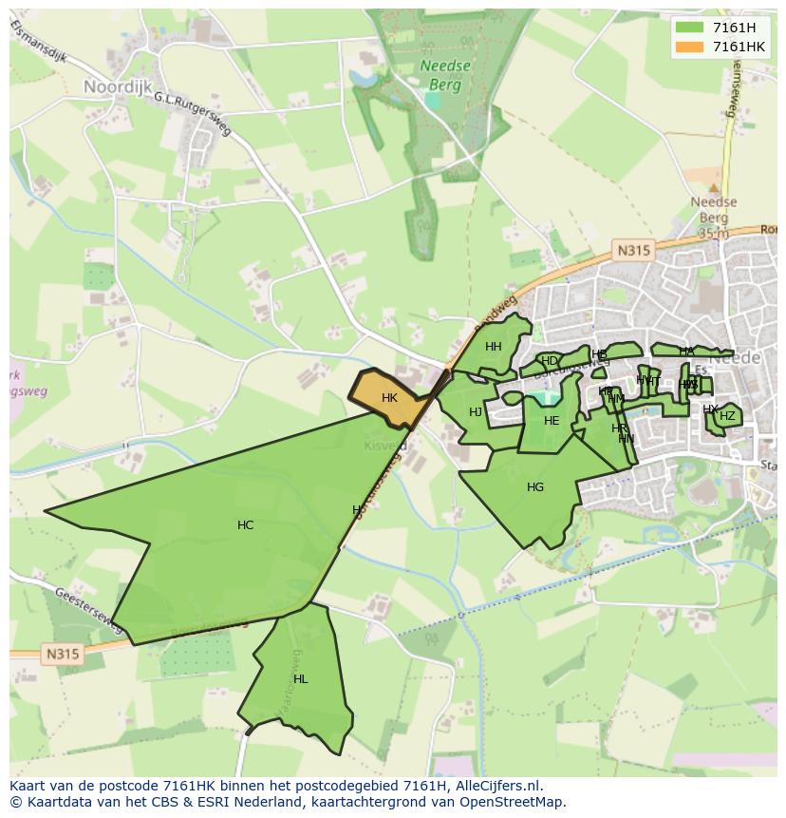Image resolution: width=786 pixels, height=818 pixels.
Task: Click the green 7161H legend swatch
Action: pyautogui.click(x=689, y=28)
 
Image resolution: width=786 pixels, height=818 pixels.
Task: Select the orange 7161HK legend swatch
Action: pyautogui.click(x=689, y=47)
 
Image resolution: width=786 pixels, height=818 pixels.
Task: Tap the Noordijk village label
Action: pyautogui.click(x=117, y=86)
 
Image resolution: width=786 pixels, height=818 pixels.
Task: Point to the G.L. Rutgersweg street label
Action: pyautogui.click(x=193, y=115)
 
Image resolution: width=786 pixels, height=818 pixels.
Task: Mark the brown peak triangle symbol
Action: pyautogui.click(x=714, y=188)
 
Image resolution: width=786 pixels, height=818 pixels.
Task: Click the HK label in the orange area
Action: pyautogui.click(x=389, y=398)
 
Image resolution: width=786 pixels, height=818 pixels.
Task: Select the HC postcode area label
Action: pyautogui.click(x=246, y=525)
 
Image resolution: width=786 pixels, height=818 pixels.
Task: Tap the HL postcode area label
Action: pyautogui.click(x=301, y=679)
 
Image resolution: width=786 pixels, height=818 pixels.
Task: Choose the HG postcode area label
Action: pyautogui.click(x=535, y=487)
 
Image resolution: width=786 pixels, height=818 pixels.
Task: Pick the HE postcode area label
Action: pyautogui.click(x=552, y=421)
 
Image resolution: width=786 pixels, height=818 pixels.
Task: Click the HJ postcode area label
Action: pyautogui.click(x=476, y=412)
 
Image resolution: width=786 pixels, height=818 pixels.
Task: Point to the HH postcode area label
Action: pyautogui.click(x=494, y=347)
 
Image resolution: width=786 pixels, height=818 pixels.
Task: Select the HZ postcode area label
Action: pyautogui.click(x=727, y=416)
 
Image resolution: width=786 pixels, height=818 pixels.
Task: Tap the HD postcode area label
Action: pyautogui.click(x=549, y=361)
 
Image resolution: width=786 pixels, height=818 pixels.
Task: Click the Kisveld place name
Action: pyautogui.click(x=385, y=445)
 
